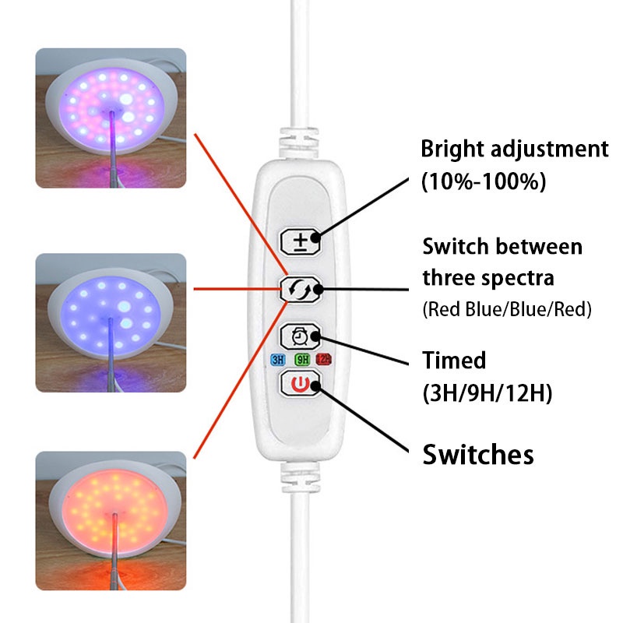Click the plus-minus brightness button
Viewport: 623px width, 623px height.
click(300, 242)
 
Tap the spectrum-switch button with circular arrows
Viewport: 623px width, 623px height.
click(300, 289)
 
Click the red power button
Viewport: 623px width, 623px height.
click(300, 385)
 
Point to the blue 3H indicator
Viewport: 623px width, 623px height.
click(277, 360)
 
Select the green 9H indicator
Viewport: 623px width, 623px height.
click(301, 360)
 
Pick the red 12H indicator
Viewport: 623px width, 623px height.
click(323, 360)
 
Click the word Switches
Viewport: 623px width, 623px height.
click(478, 454)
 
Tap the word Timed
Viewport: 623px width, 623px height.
click(454, 361)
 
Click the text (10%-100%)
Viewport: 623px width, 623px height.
click(484, 182)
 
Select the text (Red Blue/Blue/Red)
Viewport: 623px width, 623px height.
click(507, 309)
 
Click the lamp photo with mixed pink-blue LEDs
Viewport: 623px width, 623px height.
click(111, 118)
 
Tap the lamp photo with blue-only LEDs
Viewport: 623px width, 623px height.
click(111, 322)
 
